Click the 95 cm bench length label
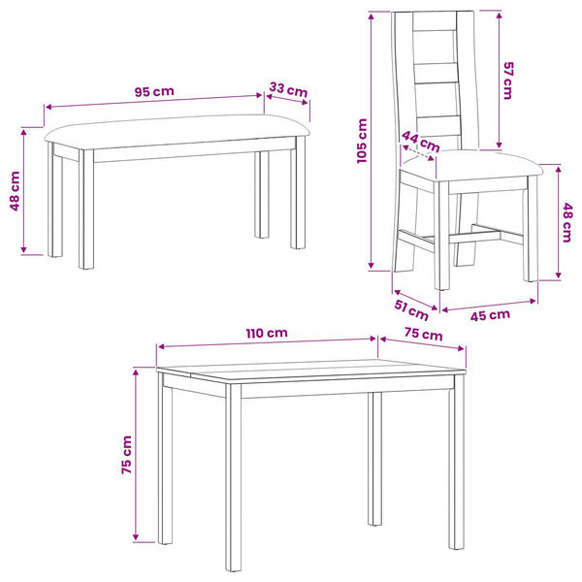pyautogui.click(x=154, y=91)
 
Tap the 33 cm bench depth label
pyautogui.click(x=288, y=90)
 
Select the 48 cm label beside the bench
pyautogui.click(x=15, y=191)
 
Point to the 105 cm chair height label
pyautogui.click(x=362, y=141)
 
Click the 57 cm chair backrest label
pyautogui.click(x=507, y=81)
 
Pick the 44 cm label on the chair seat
pyautogui.click(x=421, y=142)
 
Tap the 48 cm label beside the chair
pyautogui.click(x=567, y=222)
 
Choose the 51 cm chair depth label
pyautogui.click(x=411, y=310)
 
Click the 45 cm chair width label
pyautogui.click(x=490, y=315)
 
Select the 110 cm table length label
pyautogui.click(x=267, y=333)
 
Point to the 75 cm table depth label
pyautogui.click(x=424, y=334)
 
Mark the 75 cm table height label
pyautogui.click(x=127, y=455)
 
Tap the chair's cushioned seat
pyautogui.click(x=471, y=165)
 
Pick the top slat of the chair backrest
pyautogui.click(x=435, y=20)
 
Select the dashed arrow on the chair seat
pyautogui.click(x=417, y=152)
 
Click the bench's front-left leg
pyautogui.click(x=86, y=209)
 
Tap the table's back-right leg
pyautogui.click(x=374, y=459)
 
